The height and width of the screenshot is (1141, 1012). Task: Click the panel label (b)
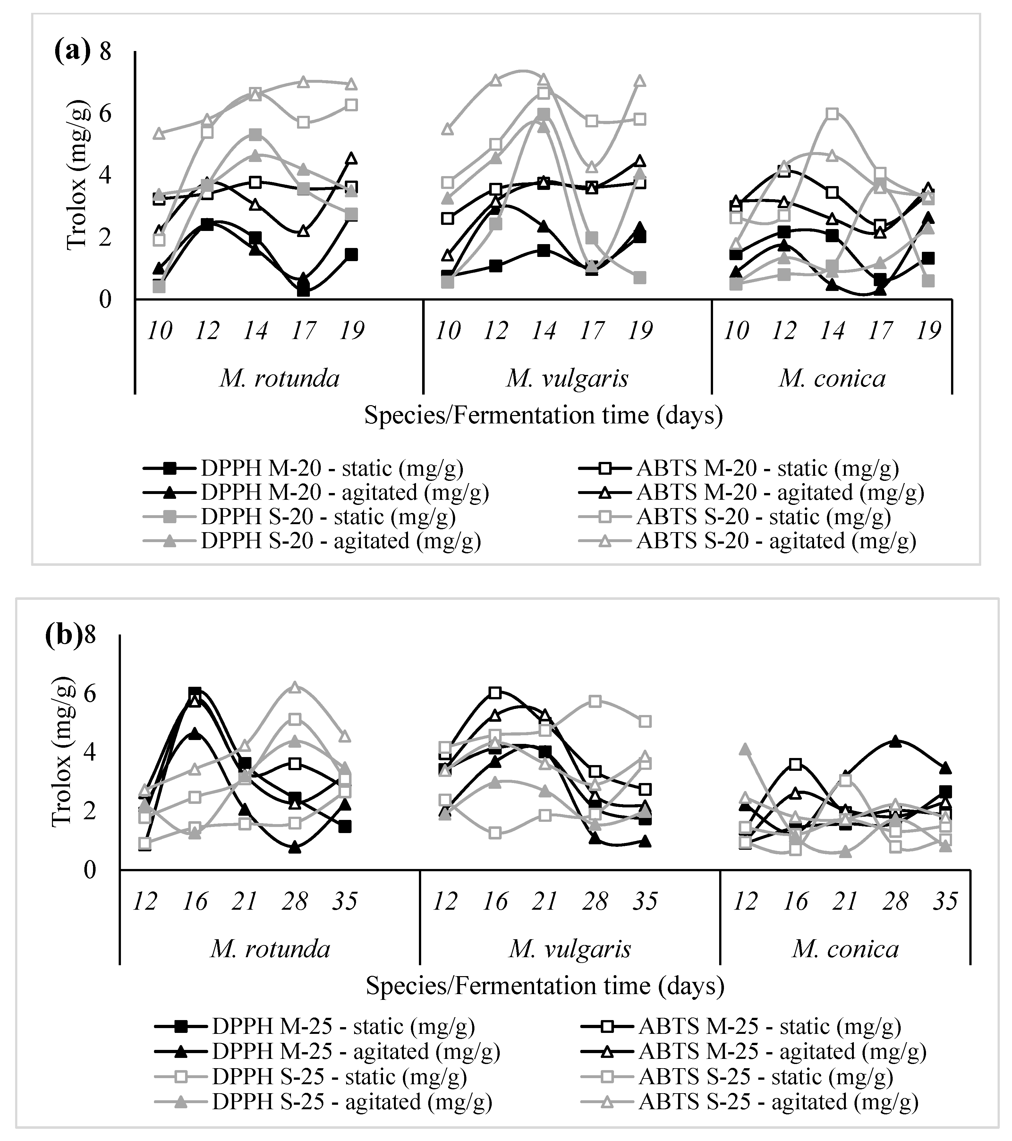click(63, 636)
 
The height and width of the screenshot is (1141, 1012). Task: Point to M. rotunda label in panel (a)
click(279, 379)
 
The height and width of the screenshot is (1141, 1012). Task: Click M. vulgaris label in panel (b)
click(569, 949)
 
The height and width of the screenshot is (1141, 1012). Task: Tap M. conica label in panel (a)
click(832, 379)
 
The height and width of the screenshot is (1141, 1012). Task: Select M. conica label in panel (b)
click(845, 949)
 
